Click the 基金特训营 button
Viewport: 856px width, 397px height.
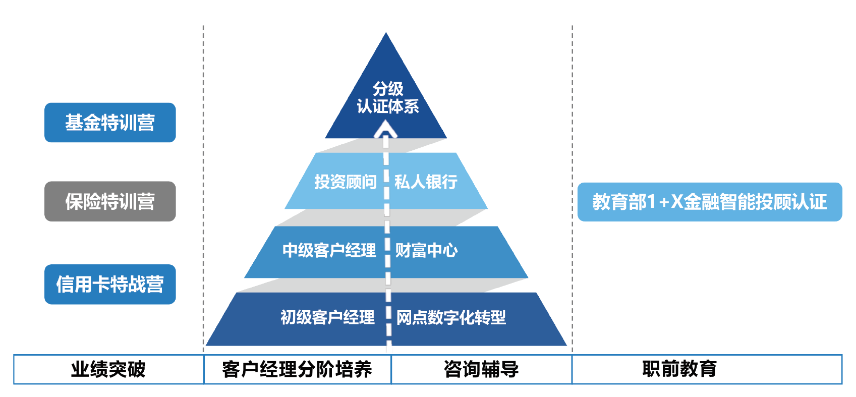[x=110, y=123]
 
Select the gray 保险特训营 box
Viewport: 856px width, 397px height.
[x=110, y=201]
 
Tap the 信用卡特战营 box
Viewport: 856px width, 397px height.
[x=110, y=285]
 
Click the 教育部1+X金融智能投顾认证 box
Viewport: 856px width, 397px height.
[x=709, y=202]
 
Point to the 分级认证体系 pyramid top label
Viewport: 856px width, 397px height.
[x=387, y=97]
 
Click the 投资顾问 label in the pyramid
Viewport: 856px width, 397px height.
[x=345, y=182]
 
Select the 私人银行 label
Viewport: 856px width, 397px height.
[x=426, y=182]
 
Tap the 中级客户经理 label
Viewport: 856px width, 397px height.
[x=329, y=250]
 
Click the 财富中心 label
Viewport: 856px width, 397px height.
[x=426, y=250]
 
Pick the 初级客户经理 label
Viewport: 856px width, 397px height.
[x=327, y=317]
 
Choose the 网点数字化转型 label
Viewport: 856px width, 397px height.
[x=451, y=317]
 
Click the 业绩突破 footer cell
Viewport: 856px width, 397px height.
[x=108, y=369]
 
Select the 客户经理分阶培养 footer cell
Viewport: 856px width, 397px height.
[x=297, y=369]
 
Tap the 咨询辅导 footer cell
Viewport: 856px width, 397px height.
[x=481, y=369]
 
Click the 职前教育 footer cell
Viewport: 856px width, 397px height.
[x=679, y=369]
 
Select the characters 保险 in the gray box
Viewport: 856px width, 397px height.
[x=83, y=201]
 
